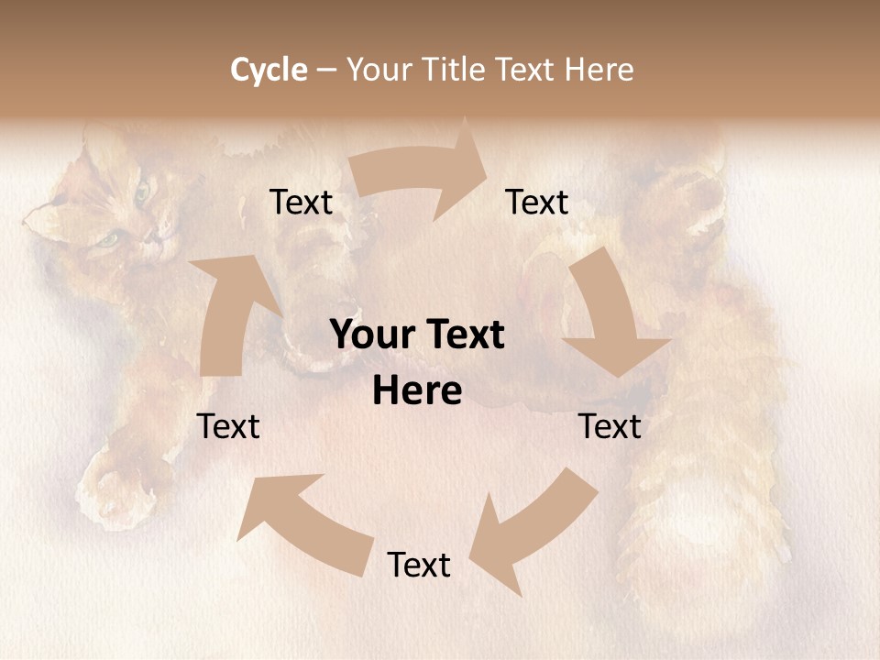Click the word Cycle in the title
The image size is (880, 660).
[x=269, y=70]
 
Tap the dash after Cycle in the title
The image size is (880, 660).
[x=326, y=70]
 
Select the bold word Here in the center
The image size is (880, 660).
[x=417, y=391]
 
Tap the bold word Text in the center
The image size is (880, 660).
[x=461, y=335]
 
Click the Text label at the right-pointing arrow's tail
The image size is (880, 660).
[x=302, y=203]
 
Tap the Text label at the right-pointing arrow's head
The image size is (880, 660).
[x=537, y=203]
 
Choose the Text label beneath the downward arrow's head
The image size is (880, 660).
[x=610, y=426]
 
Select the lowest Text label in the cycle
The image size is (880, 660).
[x=419, y=565]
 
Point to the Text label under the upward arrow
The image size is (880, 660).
[x=228, y=426]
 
